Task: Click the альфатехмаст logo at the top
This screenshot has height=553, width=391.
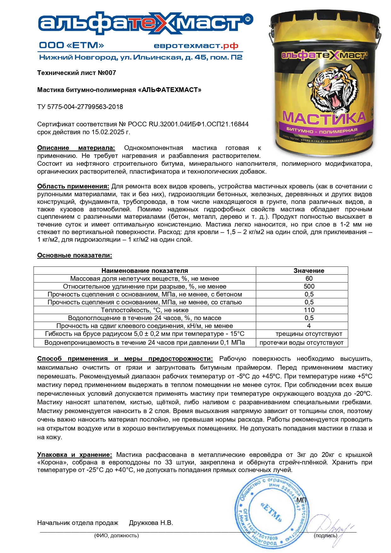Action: coord(145,24)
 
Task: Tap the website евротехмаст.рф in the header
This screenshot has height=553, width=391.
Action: coord(196,46)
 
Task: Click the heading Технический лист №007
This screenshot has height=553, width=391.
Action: coord(77,73)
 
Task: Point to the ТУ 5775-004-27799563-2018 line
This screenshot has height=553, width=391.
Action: coord(80,107)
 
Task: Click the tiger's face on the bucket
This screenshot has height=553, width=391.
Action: coord(329,87)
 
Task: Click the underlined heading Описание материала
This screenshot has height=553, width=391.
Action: coord(76,148)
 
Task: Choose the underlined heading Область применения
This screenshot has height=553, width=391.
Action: coord(73,186)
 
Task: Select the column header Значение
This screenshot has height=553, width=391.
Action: coord(309,271)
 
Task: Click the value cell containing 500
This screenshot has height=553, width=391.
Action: coord(309,286)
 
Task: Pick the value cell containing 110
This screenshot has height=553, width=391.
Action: coord(309,310)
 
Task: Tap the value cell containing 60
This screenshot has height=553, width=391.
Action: coord(309,279)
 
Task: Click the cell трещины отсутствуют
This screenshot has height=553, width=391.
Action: coord(309,334)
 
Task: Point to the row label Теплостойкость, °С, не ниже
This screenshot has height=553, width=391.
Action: coord(145,310)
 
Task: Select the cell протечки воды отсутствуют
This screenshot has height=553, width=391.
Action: coord(302,343)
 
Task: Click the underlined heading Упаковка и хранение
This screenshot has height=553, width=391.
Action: coord(74,455)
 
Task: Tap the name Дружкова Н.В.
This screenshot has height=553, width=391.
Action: coord(151,523)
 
